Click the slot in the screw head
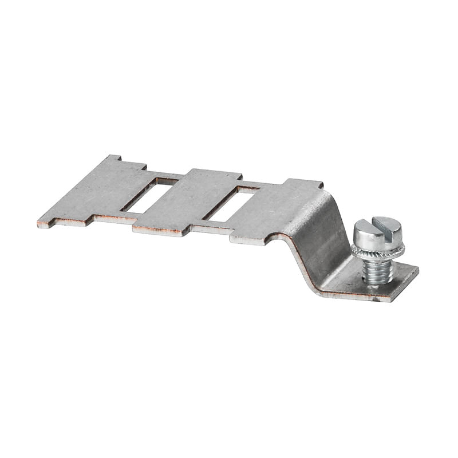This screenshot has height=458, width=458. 378,228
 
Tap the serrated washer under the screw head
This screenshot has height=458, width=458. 378,251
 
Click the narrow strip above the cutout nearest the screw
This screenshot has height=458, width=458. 260,184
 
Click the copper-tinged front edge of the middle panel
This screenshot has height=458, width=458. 160,232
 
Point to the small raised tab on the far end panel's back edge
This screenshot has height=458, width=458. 114,157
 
